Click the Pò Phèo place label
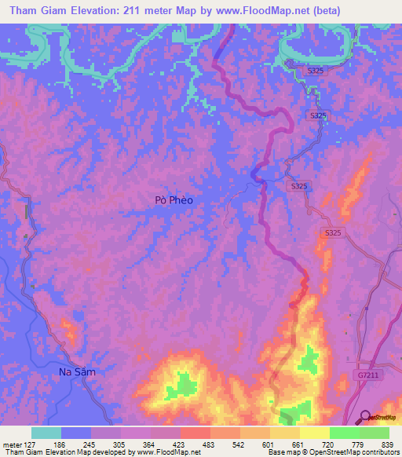click(x=174, y=200)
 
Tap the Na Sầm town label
click(x=77, y=371)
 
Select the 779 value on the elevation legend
click(x=359, y=444)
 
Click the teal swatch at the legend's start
click(x=46, y=433)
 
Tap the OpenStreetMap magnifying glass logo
click(x=365, y=416)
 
